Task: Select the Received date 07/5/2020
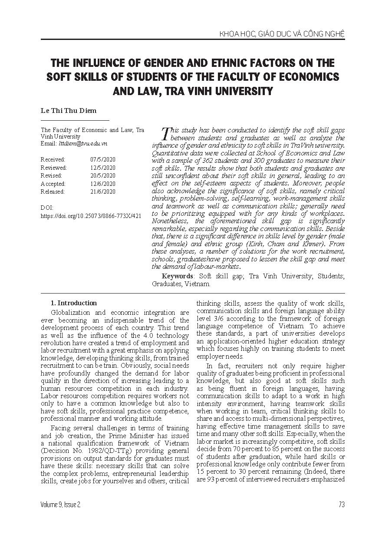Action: tap(103, 159)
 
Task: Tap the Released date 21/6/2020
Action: tap(103, 191)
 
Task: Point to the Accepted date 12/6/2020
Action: tap(103, 184)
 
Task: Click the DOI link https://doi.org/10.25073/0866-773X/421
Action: tap(91, 215)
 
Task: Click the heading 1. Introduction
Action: tap(74, 303)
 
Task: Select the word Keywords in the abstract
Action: tap(177, 276)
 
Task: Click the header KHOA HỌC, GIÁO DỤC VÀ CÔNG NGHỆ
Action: tap(282, 33)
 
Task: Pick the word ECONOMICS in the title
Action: tap(299, 77)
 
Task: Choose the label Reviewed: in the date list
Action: tap(54, 168)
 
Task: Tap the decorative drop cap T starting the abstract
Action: tap(165, 133)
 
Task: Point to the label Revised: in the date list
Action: tap(52, 175)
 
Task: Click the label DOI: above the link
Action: tap(46, 208)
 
